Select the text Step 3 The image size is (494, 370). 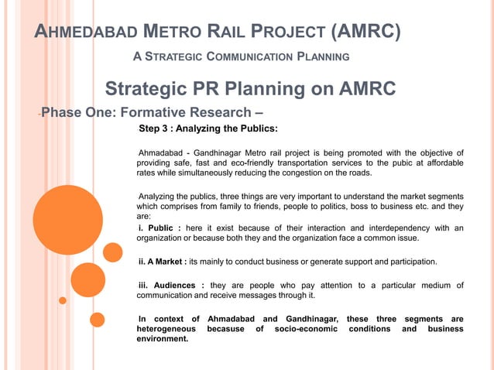tap(156, 128)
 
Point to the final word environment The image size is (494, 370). tap(162, 338)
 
